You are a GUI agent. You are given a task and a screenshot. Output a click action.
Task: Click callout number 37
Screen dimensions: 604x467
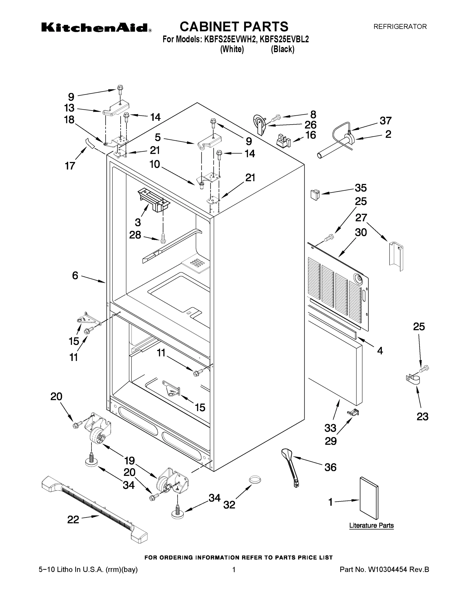tap(385, 121)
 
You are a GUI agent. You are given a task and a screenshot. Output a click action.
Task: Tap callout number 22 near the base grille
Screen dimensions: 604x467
tap(73, 520)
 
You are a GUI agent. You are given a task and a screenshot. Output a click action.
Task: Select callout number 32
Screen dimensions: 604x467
tap(229, 504)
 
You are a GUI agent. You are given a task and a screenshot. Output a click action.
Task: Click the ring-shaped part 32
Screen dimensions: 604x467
tap(255, 479)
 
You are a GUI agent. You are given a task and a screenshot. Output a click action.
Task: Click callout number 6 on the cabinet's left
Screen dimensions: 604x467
tap(75, 276)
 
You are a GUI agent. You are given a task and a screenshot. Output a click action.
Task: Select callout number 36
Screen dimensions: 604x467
tap(330, 467)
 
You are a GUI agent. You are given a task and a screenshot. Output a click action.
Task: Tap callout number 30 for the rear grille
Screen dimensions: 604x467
tap(361, 233)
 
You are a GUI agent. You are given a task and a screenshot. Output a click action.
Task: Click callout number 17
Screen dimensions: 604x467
tap(70, 166)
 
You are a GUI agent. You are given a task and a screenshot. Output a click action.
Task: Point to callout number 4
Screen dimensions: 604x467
tap(380, 351)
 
